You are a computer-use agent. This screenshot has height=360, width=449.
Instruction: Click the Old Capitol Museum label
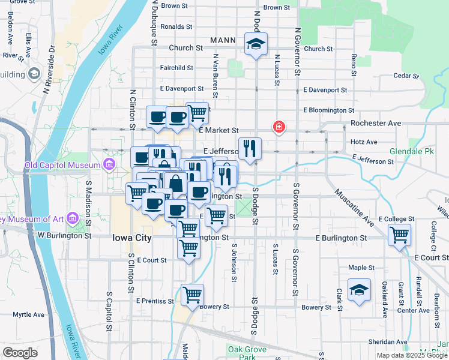(61, 165)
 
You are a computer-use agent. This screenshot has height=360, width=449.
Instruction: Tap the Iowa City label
(131, 238)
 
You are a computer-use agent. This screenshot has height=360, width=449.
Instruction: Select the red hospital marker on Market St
(279, 127)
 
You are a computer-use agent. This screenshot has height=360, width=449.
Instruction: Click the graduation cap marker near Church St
(256, 44)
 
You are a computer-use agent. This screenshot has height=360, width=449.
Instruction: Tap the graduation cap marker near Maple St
(359, 290)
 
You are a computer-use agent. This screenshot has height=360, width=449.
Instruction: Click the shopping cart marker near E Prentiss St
(192, 295)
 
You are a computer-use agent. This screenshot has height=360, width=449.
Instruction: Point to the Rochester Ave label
(376, 123)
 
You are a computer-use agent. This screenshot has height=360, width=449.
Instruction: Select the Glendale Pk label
(411, 151)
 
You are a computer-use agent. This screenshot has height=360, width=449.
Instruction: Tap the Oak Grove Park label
(243, 353)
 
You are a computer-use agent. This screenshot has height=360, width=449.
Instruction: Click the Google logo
(20, 353)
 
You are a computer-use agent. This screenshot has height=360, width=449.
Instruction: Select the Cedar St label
(405, 76)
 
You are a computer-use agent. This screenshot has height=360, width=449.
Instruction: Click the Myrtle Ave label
(29, 314)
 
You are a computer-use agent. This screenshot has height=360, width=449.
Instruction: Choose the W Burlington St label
(64, 236)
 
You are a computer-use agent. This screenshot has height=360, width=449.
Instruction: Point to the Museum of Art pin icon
(73, 218)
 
